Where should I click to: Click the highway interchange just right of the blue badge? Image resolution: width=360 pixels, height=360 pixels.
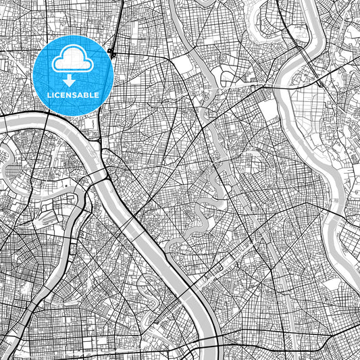(112, 52)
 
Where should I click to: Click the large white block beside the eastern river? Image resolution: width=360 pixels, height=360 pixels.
(269, 111)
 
